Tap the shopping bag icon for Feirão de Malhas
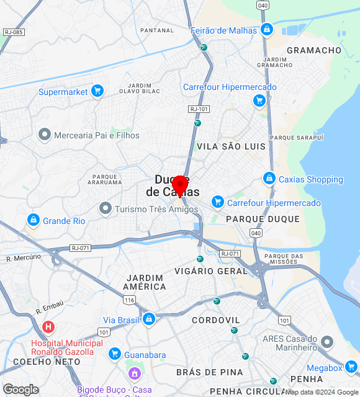click(x=266, y=30)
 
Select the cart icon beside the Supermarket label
click(x=97, y=92)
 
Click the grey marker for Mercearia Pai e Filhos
click(x=44, y=135)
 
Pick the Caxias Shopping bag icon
click(x=269, y=179)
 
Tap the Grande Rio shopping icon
click(x=33, y=220)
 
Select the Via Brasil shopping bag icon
click(x=148, y=319)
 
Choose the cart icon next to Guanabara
click(x=114, y=354)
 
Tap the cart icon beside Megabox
click(x=351, y=367)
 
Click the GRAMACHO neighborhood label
click(x=314, y=50)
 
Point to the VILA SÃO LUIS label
click(x=231, y=146)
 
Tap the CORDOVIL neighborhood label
click(x=216, y=320)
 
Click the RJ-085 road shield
click(x=13, y=32)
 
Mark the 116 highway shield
click(x=129, y=300)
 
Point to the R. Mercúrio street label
click(x=24, y=257)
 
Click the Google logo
click(x=20, y=389)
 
